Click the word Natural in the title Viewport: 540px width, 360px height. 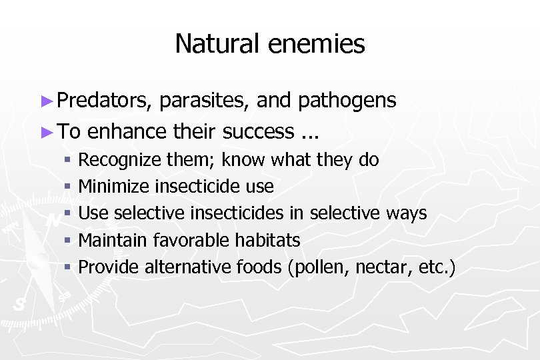click(218, 44)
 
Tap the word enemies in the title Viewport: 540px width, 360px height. click(317, 44)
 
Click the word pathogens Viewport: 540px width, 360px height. click(347, 101)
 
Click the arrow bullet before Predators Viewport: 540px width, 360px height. click(46, 101)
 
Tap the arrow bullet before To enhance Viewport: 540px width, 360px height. click(46, 132)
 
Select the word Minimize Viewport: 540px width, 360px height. click(114, 187)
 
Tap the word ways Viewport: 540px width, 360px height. click(407, 213)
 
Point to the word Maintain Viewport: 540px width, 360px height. click(115, 240)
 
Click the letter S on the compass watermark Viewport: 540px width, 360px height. click(19, 304)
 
